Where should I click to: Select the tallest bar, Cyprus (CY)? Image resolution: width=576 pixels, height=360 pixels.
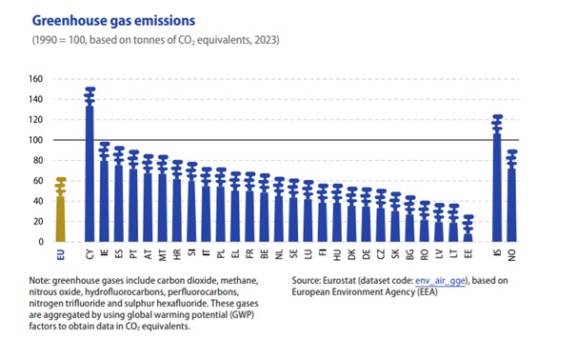point(89,165)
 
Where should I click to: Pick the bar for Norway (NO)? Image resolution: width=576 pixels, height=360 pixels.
point(511,196)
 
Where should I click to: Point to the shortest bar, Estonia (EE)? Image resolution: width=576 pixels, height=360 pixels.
point(468,229)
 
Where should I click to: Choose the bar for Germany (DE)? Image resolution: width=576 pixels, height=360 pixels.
point(367,215)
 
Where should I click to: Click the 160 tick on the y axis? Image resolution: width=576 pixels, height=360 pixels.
point(35,79)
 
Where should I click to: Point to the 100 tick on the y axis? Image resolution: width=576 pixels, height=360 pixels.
point(35,140)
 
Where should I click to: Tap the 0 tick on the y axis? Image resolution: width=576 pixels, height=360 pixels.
point(41,242)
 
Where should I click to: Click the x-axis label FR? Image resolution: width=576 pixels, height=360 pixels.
point(249,253)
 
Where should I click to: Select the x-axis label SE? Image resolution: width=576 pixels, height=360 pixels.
point(293,253)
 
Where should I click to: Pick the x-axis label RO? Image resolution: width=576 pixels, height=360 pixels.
point(425,254)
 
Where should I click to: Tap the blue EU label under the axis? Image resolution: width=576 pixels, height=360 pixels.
point(61,254)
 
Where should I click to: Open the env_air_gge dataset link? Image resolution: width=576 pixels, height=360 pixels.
point(440,281)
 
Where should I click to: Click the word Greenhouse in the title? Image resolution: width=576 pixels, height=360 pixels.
point(70,21)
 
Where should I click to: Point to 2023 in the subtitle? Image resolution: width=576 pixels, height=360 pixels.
point(265,40)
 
